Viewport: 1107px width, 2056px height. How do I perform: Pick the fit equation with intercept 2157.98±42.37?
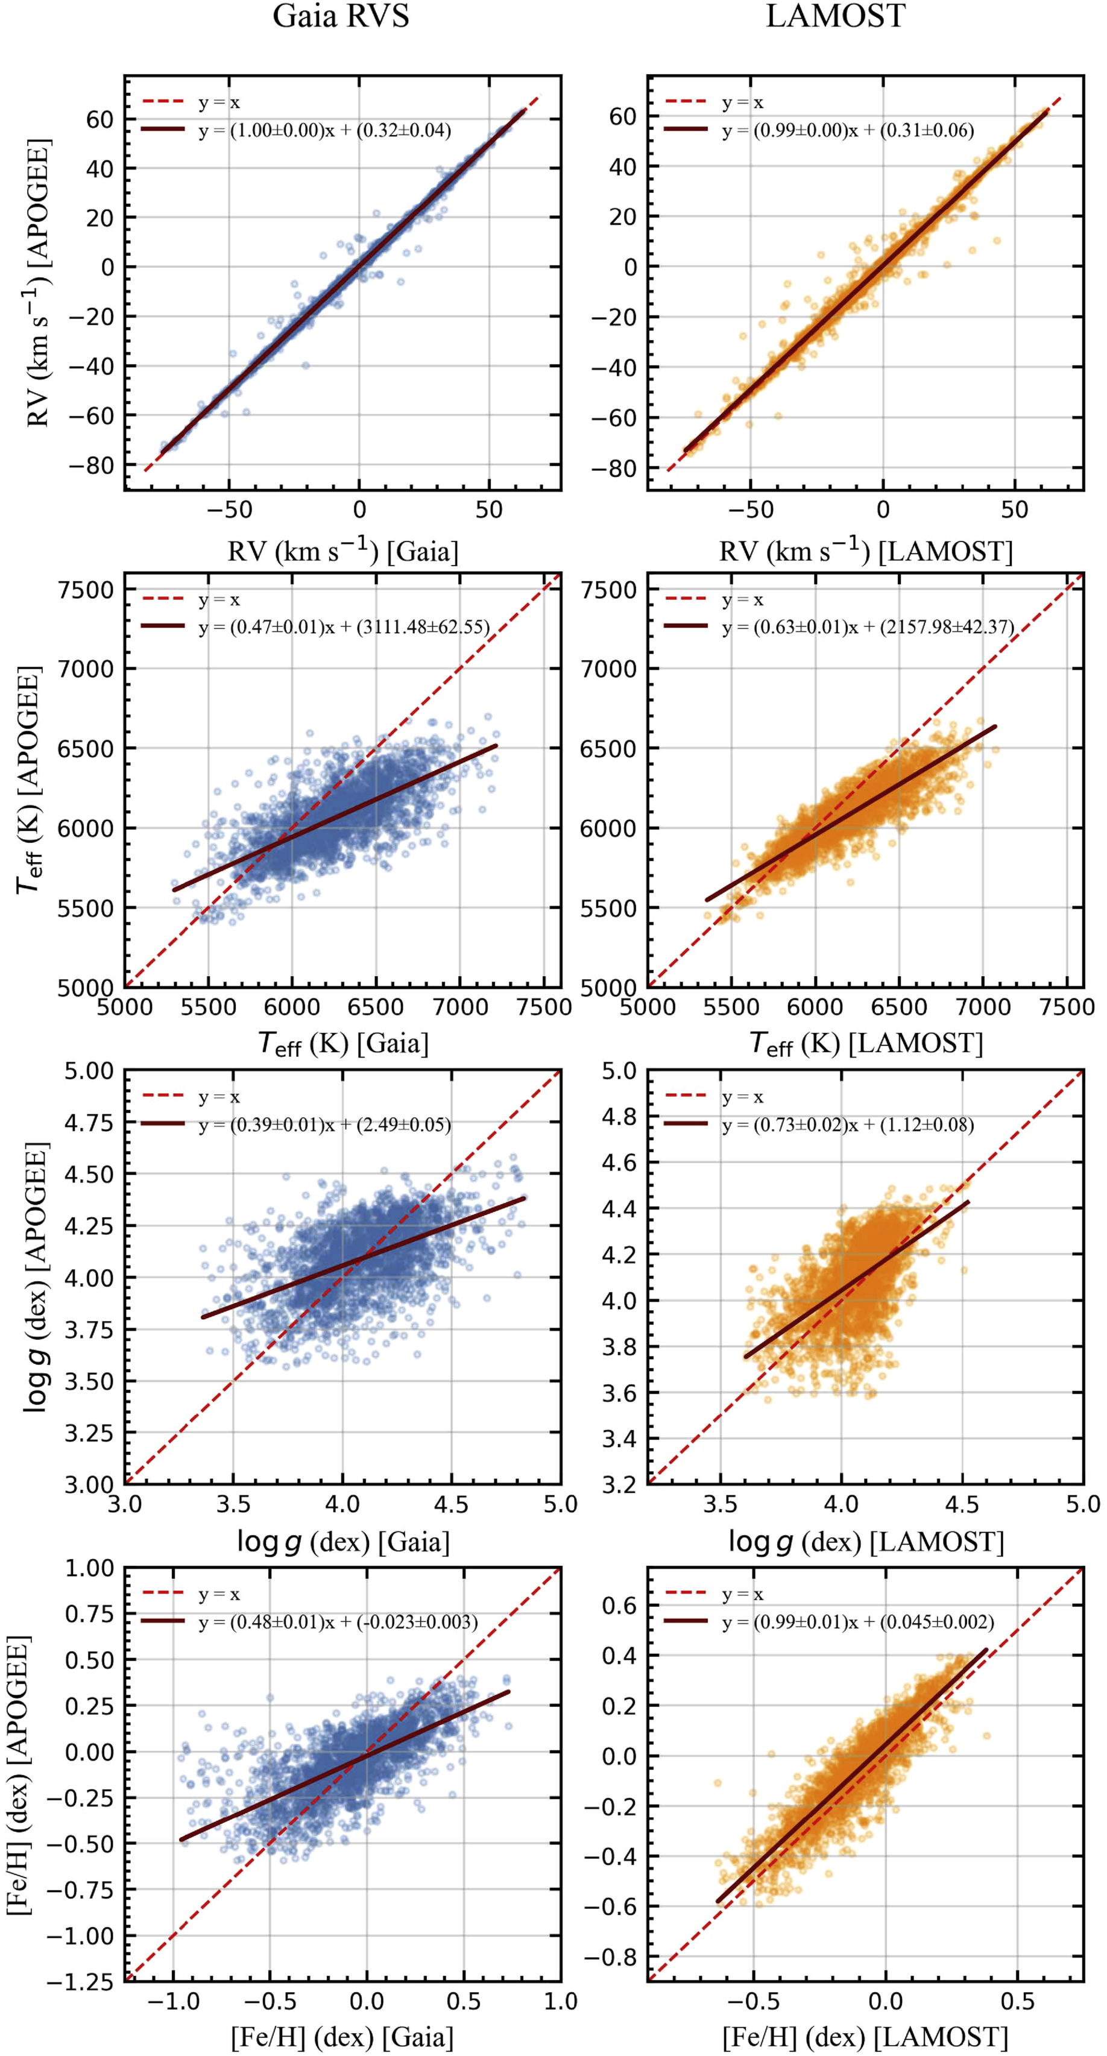coord(868,627)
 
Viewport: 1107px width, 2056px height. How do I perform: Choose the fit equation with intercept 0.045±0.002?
coord(858,1622)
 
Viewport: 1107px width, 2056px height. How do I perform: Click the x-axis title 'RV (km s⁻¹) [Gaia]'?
coord(343,550)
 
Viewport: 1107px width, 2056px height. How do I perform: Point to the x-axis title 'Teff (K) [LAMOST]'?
coord(866,1043)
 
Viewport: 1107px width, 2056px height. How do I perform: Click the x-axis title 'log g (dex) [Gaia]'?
coord(343,1541)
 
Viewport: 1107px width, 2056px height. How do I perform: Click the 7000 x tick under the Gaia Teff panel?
coord(459,1008)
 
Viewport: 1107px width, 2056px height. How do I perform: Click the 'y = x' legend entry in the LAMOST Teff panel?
coord(742,599)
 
